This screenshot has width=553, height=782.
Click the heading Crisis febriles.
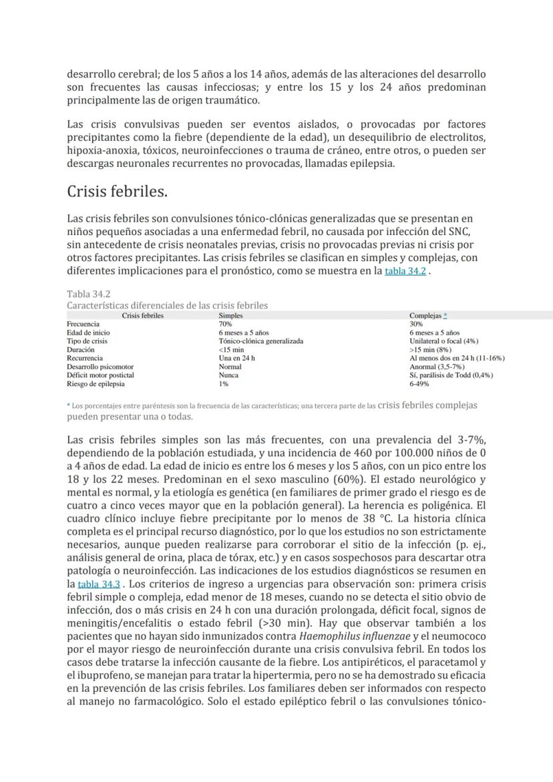tap(117, 192)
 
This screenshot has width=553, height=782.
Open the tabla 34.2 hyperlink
tap(405, 272)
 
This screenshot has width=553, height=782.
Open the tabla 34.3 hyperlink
tap(98, 584)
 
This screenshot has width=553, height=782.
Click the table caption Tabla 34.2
tap(89, 294)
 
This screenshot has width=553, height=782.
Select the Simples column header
tap(230, 315)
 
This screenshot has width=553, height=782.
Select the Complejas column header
tap(425, 315)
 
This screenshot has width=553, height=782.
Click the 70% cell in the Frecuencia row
tap(225, 324)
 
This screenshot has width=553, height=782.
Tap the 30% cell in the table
tap(416, 324)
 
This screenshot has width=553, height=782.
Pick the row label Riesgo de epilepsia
tap(96, 384)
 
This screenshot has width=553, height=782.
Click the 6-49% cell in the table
tap(419, 384)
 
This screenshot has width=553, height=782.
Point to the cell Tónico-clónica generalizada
tap(260, 341)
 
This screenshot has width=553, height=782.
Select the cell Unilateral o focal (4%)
tap(443, 341)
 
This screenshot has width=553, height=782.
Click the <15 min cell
tap(231, 349)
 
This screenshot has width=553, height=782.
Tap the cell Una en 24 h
tap(236, 358)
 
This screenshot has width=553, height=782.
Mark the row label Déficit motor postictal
tap(100, 375)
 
